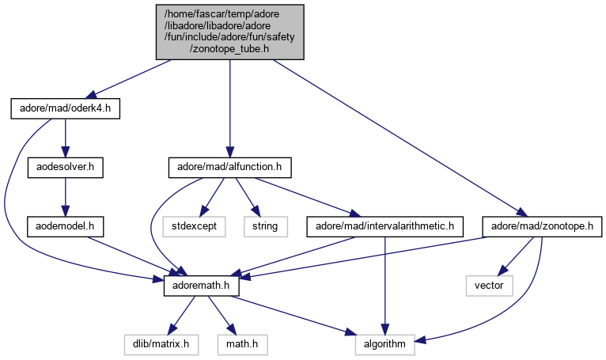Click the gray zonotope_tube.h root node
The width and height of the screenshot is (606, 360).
coord(229,31)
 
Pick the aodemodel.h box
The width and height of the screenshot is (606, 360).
coord(66,225)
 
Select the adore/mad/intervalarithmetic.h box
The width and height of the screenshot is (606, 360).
coord(384,226)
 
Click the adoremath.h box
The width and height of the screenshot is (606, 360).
coord(202,283)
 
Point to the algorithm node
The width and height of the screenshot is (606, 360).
coord(385,344)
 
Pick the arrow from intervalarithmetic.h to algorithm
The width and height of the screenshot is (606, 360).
coord(384,285)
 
